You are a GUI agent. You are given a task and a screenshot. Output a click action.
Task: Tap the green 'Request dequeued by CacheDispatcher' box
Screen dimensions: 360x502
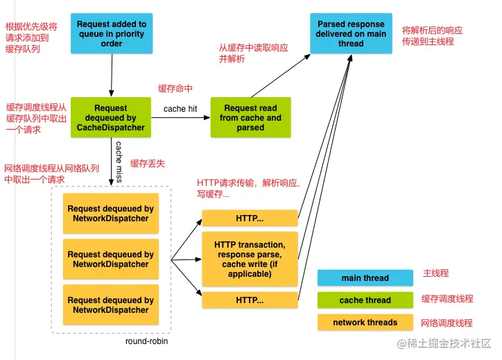pos(110,117)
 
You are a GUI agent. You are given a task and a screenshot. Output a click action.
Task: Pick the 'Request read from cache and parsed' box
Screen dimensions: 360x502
pos(250,118)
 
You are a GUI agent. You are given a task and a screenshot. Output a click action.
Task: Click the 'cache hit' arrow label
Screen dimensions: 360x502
pos(180,109)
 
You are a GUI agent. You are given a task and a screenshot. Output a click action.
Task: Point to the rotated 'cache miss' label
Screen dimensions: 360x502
pos(119,159)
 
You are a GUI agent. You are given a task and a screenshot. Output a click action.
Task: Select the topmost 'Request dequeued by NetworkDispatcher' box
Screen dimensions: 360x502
pos(111,213)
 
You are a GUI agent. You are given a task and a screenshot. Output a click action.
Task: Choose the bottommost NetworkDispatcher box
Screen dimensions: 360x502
pos(111,305)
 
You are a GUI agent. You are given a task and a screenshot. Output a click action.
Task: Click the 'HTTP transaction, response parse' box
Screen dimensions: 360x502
pos(249,259)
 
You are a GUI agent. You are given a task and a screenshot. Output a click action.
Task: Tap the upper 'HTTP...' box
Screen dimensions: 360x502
pos(249,218)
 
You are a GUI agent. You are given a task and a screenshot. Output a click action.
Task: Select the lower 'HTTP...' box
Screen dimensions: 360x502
pos(249,300)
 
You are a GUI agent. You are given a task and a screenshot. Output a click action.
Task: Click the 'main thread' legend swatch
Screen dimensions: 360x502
pos(365,278)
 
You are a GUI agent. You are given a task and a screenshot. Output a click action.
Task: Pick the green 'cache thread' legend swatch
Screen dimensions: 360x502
pos(365,300)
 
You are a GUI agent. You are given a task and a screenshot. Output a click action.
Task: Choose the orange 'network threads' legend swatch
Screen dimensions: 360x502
pos(365,323)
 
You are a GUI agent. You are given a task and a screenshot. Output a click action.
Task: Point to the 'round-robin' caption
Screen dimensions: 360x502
pos(146,341)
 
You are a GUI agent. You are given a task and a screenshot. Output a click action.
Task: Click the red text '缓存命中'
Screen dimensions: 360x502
pos(175,88)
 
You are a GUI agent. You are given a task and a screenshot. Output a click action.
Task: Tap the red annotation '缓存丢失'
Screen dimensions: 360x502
pos(148,163)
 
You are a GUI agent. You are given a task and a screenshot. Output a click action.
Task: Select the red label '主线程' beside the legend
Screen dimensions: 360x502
pos(436,274)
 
